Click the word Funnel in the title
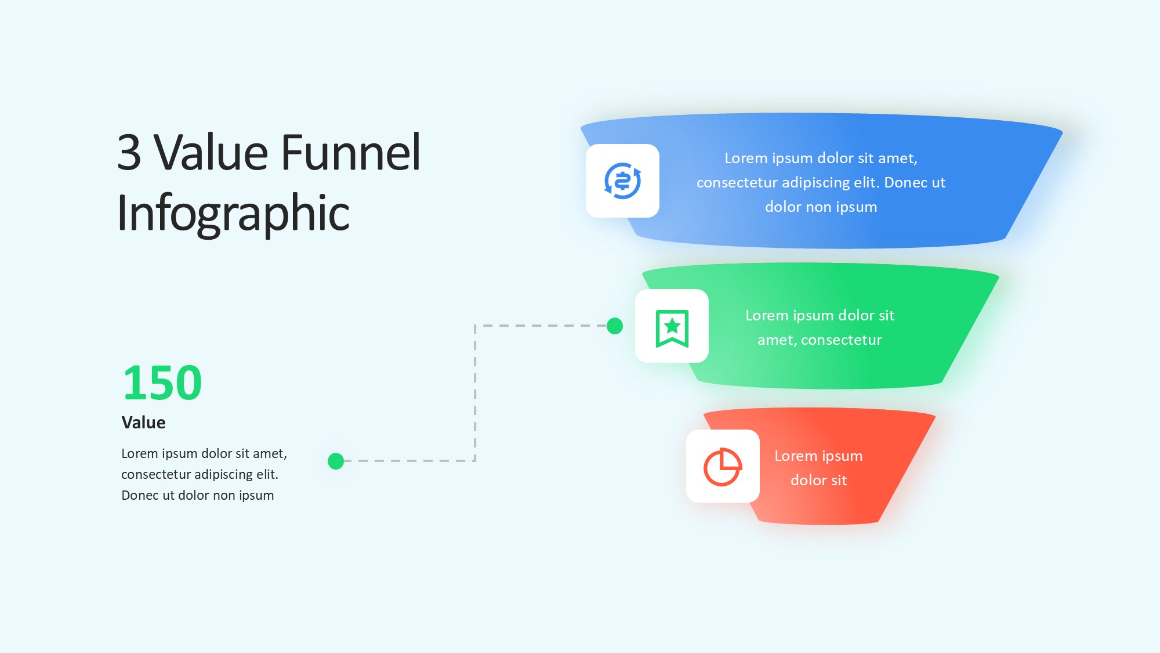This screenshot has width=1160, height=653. tap(351, 152)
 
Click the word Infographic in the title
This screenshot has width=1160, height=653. tap(233, 214)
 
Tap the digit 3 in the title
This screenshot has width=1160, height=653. tap(129, 153)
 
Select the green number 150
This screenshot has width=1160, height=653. tap(162, 383)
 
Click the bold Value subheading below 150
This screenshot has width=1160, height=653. tap(143, 423)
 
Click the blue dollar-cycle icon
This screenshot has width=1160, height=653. tap(622, 181)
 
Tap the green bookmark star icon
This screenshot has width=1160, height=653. tap(672, 328)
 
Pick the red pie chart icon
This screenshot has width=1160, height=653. tap(723, 467)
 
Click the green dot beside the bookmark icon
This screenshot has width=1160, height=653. tap(615, 326)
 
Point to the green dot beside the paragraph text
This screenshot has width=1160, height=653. tap(336, 461)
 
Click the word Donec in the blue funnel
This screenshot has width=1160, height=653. tap(906, 183)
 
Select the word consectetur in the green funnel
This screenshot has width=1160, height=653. tap(841, 340)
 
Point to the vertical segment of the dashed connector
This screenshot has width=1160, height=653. tap(475, 394)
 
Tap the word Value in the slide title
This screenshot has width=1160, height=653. tap(212, 153)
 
